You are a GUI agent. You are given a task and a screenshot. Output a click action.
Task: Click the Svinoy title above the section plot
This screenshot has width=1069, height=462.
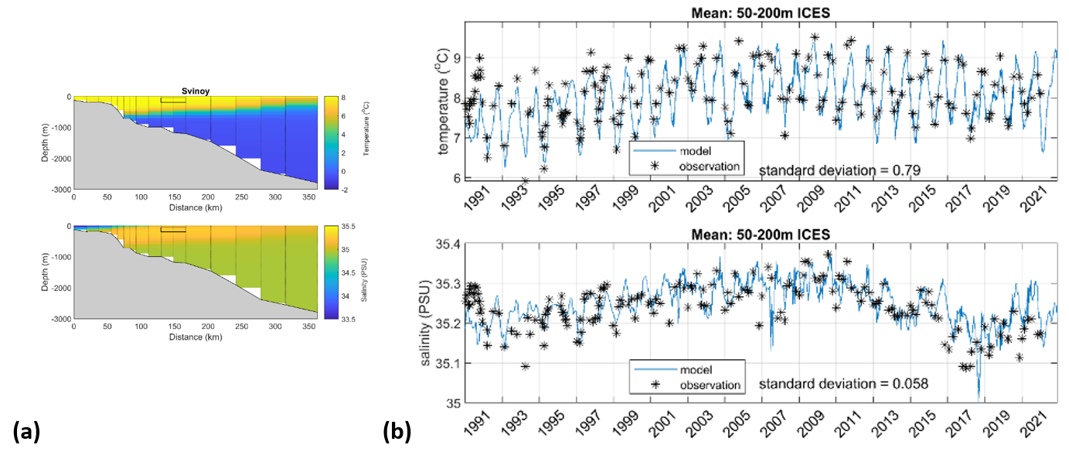coord(195,91)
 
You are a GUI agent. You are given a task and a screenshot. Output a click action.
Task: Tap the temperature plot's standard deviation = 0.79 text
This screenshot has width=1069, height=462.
coord(838,169)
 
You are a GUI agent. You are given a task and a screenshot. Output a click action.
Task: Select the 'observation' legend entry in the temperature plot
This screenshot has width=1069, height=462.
coord(710,166)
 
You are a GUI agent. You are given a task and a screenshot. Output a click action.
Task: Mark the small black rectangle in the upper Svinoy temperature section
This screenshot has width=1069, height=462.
coord(173,100)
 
